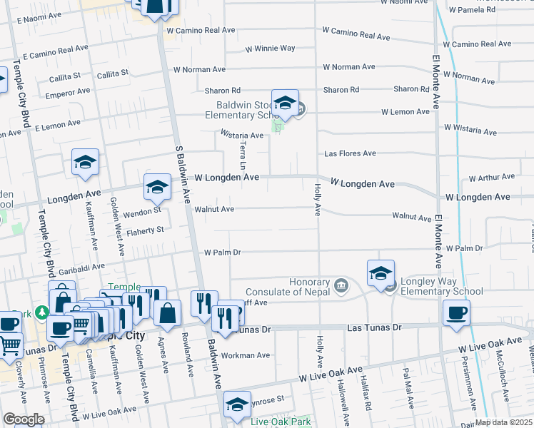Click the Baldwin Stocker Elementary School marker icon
(285, 104)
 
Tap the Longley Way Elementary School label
(441, 286)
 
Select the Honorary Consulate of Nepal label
(288, 286)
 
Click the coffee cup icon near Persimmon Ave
(456, 312)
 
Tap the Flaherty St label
(145, 230)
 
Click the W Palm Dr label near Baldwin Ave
(223, 253)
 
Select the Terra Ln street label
(243, 156)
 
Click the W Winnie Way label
(270, 49)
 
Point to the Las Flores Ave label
(350, 153)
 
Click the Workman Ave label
(246, 355)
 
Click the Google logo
(24, 419)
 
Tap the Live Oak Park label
(281, 422)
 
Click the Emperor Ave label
(68, 91)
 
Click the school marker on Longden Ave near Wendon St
(157, 188)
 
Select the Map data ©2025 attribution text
(504, 422)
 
